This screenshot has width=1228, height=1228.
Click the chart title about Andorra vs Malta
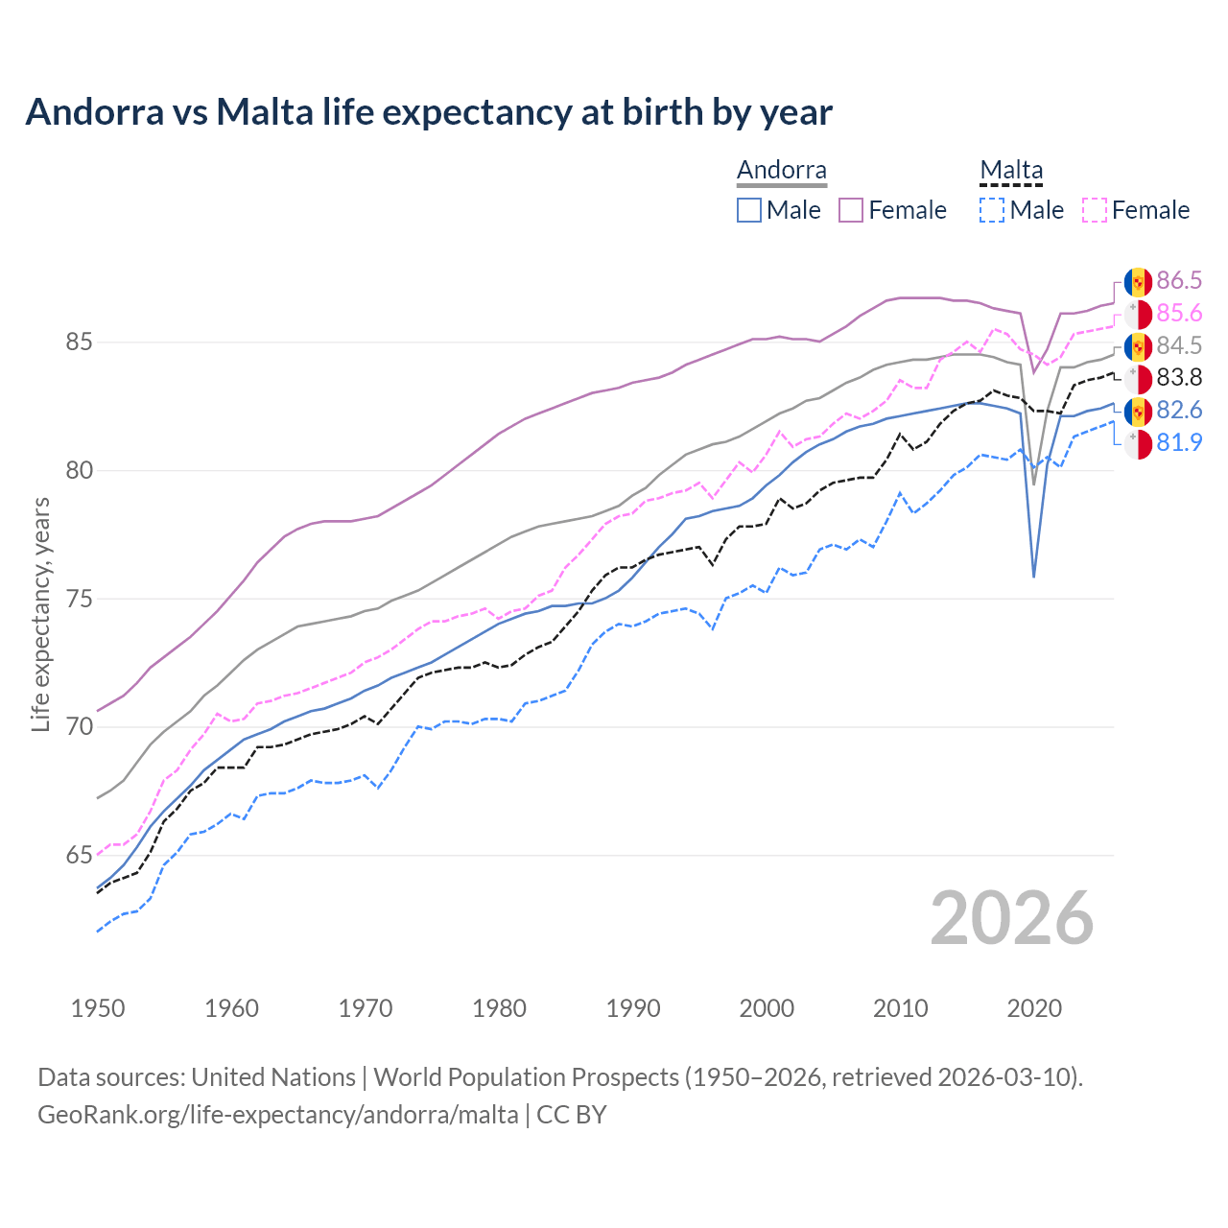pyautogui.click(x=429, y=112)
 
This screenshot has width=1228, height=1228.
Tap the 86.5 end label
pyautogui.click(x=1178, y=280)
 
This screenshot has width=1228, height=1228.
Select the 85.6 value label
pyautogui.click(x=1178, y=313)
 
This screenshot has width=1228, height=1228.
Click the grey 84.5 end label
pyautogui.click(x=1178, y=345)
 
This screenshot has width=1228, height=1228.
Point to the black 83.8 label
pyautogui.click(x=1178, y=377)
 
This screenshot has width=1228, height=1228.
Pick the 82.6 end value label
pyautogui.click(x=1178, y=410)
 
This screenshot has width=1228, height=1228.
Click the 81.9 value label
pyautogui.click(x=1178, y=442)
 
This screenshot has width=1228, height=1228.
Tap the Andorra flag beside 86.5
pyautogui.click(x=1138, y=281)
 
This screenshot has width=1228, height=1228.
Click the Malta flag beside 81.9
pyautogui.click(x=1138, y=444)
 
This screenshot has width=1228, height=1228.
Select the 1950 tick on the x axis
pyautogui.click(x=98, y=1008)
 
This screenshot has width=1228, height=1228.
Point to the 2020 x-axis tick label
pyautogui.click(x=1034, y=1008)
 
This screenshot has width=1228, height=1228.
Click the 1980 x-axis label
pyautogui.click(x=499, y=1008)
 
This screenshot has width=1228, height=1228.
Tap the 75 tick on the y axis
pyautogui.click(x=79, y=599)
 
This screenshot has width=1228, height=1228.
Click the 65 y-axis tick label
pyautogui.click(x=79, y=855)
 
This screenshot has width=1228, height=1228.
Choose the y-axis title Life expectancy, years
pyautogui.click(x=40, y=614)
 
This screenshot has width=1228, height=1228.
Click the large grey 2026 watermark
pyautogui.click(x=1011, y=918)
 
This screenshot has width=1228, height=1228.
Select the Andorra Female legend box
pyautogui.click(x=851, y=210)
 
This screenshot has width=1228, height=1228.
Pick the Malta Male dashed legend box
pyautogui.click(x=992, y=210)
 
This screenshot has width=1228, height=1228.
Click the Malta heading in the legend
pyautogui.click(x=1010, y=171)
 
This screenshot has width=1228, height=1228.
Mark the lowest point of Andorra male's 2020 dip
pyautogui.click(x=1033, y=577)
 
